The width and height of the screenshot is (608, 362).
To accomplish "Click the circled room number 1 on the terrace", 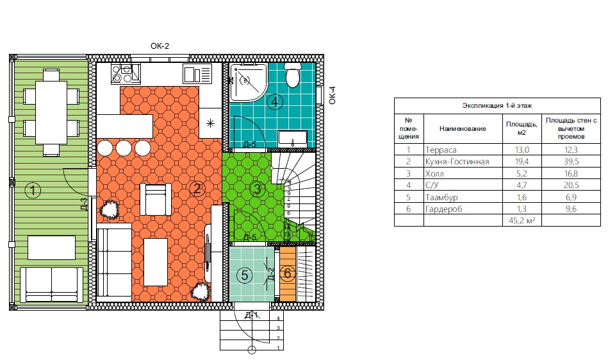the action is [x=33, y=191].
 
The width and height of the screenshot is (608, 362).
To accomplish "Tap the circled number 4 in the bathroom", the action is [x=275, y=102].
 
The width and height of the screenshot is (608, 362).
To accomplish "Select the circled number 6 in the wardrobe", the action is [x=287, y=273].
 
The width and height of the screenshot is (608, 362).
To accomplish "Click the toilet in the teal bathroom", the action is [x=292, y=75].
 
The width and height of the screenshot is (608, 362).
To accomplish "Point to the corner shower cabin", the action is [x=248, y=82].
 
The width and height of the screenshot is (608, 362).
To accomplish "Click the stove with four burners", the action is [x=126, y=73].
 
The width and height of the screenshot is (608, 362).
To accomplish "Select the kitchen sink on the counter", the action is [x=197, y=74].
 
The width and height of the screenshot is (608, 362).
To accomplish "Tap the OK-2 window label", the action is [x=160, y=46].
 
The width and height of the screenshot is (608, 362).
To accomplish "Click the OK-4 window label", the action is [x=333, y=95].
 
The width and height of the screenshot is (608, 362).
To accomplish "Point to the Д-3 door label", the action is [x=84, y=203].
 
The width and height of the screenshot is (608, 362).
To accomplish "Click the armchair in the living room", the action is [x=155, y=199].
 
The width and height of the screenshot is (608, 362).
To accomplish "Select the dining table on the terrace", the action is [x=51, y=112].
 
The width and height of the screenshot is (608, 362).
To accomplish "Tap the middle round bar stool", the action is [x=124, y=148].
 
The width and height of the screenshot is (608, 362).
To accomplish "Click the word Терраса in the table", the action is [x=441, y=150].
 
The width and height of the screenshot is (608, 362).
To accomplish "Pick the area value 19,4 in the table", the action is [x=522, y=162].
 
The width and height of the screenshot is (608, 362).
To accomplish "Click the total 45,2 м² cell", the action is [x=522, y=220].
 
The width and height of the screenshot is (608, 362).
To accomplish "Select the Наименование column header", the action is [x=463, y=128].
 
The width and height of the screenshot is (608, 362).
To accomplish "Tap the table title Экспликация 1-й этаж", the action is [x=497, y=106].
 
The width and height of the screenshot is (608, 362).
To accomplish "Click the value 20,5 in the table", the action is [x=571, y=185].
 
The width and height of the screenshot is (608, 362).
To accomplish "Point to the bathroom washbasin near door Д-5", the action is [x=293, y=139].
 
